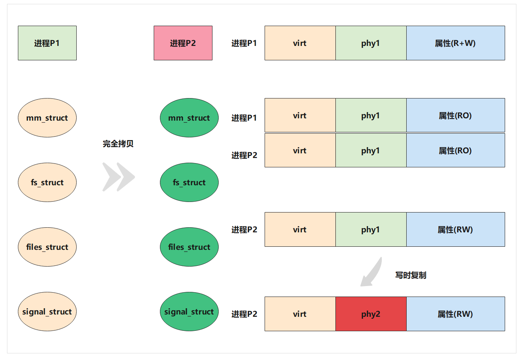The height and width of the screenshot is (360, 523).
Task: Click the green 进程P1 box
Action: (47, 43)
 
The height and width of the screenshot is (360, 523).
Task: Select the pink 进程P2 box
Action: (183, 43)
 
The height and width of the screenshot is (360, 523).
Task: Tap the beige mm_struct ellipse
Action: (47, 118)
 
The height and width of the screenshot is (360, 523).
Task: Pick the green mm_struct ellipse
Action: (189, 118)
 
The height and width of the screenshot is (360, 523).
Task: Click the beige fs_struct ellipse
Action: (47, 183)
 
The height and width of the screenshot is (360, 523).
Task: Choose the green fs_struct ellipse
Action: (189, 183)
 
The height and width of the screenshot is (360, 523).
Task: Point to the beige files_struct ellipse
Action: (47, 247)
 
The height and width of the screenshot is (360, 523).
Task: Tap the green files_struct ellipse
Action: (189, 247)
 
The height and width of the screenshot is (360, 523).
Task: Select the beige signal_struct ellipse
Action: (47, 312)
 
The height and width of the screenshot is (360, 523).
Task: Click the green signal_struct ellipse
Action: (189, 312)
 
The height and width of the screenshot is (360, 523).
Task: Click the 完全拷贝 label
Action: (118, 144)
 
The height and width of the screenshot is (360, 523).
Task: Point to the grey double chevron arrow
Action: (118, 177)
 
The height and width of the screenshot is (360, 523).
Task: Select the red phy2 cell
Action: (371, 314)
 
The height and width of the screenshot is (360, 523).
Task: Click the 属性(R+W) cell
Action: (455, 43)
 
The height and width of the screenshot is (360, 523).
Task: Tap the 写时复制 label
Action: (411, 276)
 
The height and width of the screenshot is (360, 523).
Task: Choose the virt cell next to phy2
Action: (300, 314)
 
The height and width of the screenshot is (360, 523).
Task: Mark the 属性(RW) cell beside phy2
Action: (455, 314)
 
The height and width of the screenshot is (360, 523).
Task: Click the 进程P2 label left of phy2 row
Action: (244, 314)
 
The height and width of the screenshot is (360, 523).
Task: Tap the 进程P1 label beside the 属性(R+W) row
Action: (244, 43)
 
